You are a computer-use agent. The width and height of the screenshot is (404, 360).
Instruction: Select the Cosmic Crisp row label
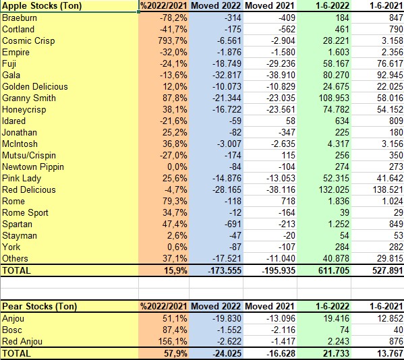(28, 40)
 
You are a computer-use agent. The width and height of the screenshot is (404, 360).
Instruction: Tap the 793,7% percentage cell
(173, 40)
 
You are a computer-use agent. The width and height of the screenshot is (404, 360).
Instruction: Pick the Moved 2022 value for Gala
(227, 76)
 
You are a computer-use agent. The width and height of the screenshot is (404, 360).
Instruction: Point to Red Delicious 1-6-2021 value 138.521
(388, 190)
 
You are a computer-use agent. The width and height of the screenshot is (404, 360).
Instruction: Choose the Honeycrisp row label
(24, 110)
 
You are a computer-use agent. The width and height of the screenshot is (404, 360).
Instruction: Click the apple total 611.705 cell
(334, 270)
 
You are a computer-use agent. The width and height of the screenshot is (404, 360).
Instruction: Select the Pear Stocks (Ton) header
(39, 307)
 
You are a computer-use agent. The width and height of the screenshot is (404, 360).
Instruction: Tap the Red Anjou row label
(22, 341)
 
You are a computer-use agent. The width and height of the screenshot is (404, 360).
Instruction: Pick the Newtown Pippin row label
(33, 167)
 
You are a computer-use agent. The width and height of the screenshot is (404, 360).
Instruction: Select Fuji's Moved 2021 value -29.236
(281, 63)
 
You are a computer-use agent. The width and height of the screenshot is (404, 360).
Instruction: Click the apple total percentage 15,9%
(176, 270)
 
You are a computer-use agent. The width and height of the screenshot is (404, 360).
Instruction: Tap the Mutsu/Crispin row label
(29, 156)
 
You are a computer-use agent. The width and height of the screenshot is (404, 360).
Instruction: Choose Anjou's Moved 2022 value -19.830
(227, 319)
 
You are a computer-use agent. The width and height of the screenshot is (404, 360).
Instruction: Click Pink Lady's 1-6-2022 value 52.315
(336, 179)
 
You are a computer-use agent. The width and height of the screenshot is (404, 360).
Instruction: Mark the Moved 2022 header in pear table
(216, 307)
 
